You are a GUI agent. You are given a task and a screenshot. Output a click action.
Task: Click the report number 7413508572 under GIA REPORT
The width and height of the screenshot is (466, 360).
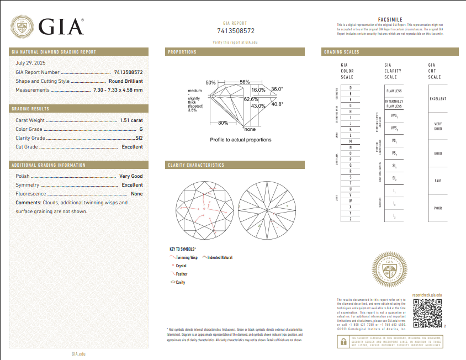pos(236,31)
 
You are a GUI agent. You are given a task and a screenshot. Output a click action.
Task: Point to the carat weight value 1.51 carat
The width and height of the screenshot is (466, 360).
pos(131,120)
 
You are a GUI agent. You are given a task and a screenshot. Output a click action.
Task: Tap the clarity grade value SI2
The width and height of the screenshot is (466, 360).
pos(139,138)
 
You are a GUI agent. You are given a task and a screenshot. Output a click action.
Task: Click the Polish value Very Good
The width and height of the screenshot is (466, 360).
pos(131,176)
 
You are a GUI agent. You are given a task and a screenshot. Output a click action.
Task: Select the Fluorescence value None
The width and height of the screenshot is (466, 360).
pos(136,194)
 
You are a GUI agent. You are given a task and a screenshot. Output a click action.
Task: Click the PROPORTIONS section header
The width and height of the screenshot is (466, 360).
pos(183,52)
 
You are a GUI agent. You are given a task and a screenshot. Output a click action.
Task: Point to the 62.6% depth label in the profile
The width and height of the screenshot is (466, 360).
pos(252,99)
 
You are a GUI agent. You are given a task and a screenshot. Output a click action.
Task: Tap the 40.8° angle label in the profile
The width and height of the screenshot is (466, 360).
pos(277,104)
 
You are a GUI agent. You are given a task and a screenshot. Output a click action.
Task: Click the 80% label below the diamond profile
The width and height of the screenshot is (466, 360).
pos(223,123)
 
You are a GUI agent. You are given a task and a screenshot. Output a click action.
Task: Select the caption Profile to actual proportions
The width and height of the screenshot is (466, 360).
pos(241,140)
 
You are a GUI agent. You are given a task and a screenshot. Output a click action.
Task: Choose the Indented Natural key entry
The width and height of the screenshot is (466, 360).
pos(219,258)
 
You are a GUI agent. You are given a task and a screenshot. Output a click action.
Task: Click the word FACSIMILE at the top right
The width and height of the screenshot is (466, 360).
pos(390,20)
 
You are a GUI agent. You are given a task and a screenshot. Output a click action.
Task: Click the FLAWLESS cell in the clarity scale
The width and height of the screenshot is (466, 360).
pos(394,91)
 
